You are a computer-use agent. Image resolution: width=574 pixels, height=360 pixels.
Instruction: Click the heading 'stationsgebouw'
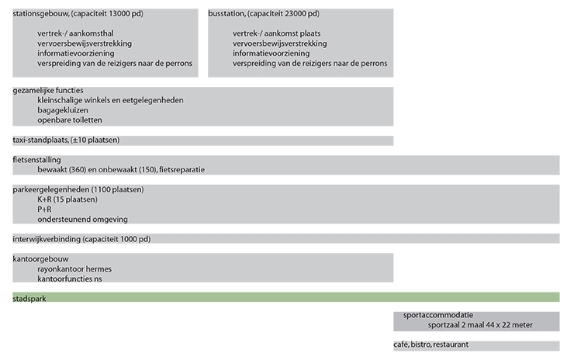[x=40, y=14]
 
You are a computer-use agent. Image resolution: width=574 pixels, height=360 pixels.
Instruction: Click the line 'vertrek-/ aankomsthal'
[x=75, y=33]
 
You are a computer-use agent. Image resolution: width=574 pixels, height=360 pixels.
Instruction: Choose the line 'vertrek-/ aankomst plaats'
[x=276, y=33]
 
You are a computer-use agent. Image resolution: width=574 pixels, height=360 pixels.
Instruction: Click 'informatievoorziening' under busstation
[x=271, y=53]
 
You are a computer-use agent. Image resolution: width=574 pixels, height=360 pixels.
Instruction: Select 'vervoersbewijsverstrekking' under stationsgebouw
[x=85, y=43]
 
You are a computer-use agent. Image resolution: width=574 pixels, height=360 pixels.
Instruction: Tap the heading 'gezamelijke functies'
[x=48, y=91]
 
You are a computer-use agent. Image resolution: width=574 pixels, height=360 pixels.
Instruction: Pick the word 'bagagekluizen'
[x=63, y=110]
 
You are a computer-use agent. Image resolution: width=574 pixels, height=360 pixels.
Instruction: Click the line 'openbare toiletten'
[x=70, y=120]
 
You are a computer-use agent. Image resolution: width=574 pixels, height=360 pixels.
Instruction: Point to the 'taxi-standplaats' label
[x=40, y=140]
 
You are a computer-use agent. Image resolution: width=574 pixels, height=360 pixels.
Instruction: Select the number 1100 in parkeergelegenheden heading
[x=101, y=189]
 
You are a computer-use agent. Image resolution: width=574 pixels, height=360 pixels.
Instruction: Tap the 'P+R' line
[x=44, y=209]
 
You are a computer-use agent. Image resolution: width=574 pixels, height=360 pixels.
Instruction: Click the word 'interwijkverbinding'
[x=47, y=239]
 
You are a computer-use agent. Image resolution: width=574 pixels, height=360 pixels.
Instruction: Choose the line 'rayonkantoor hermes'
[x=74, y=268]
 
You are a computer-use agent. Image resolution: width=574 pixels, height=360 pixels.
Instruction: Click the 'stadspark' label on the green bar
[x=29, y=299]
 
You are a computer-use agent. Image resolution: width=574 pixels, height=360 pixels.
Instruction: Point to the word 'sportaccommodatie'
[x=438, y=315]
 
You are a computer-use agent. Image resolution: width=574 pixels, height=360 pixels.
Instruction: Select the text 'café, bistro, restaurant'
[x=430, y=344]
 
